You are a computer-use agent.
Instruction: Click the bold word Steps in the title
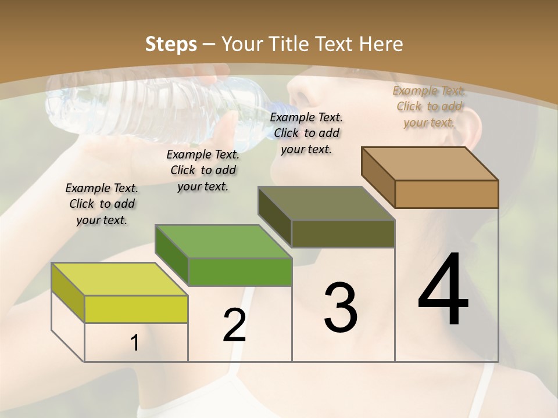[x=171, y=44]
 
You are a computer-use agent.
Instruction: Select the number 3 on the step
[x=340, y=307]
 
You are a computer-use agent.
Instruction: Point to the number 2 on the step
[x=234, y=325]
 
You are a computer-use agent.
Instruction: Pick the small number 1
[x=134, y=343]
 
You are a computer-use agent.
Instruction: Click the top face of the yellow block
[x=119, y=279]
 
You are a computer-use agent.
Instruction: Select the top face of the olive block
[x=326, y=203]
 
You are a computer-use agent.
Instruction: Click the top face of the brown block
[x=430, y=164]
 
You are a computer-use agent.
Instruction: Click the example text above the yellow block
[x=102, y=204]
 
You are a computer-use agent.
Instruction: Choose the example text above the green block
[x=203, y=170]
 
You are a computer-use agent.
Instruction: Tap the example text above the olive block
[x=306, y=133]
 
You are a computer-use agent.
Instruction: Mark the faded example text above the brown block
[x=429, y=106]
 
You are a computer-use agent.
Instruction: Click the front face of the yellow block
[x=136, y=309]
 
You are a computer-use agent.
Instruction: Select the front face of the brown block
[x=446, y=194]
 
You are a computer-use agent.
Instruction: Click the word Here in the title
[x=381, y=44]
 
